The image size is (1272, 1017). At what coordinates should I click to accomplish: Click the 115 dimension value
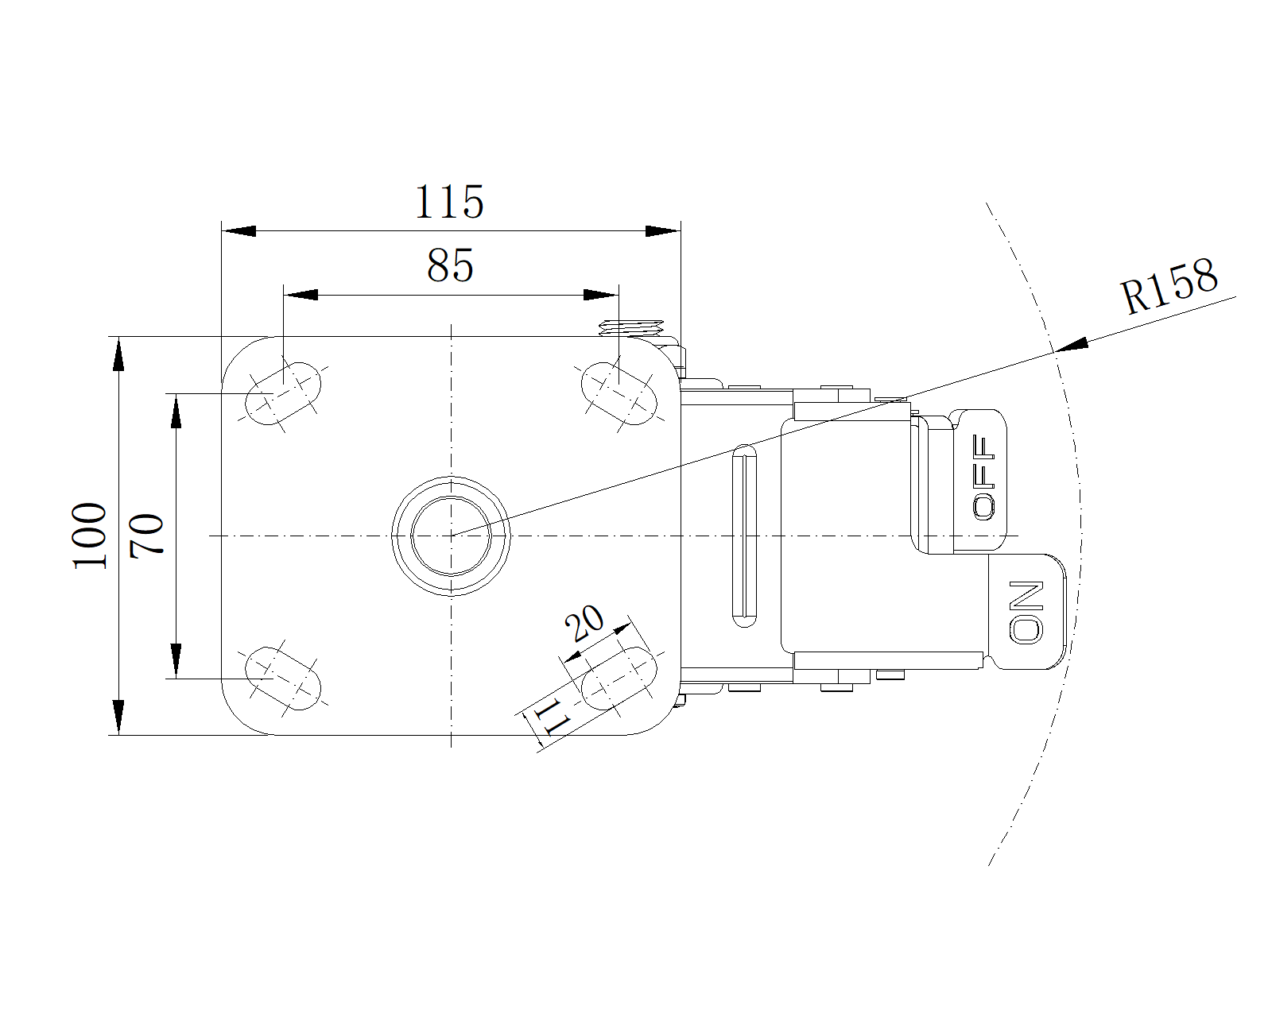450,202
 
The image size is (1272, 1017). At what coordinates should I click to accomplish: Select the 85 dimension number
451,265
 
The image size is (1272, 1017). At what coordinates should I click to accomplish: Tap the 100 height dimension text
90,536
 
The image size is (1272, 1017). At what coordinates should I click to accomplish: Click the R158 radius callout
1169,287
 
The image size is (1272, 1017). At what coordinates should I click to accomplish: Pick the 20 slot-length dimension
584,623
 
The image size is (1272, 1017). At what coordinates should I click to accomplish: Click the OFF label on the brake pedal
983,478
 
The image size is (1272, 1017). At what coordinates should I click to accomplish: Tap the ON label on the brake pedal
1026,613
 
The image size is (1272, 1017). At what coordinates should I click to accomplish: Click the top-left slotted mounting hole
283,393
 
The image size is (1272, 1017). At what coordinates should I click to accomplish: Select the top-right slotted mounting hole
619,393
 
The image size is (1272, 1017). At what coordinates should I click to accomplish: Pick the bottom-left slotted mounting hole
283,679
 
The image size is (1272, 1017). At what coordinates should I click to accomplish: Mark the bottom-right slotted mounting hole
619,679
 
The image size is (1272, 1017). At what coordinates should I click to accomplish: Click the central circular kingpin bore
451,536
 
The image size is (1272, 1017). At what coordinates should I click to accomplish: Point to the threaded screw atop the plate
631,328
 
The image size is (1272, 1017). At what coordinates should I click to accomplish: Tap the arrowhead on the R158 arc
1072,344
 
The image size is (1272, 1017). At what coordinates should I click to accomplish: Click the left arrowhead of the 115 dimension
238,231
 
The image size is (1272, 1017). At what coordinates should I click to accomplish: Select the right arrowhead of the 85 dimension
601,295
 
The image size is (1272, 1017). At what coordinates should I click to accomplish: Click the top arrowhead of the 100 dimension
118,354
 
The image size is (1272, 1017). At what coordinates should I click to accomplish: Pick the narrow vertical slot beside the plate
744,536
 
